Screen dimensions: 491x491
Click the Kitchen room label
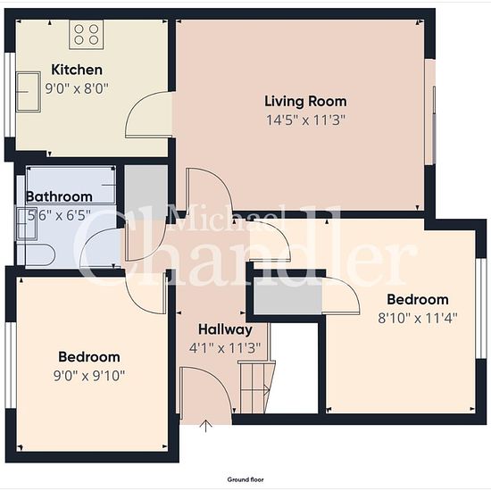coord(77,70)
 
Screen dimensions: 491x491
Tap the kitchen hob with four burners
coord(87,35)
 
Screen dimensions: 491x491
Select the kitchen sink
coord(29,92)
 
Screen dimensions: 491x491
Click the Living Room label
coord(305,101)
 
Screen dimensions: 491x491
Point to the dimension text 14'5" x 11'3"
coord(305,120)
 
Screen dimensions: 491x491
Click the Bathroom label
coord(59,196)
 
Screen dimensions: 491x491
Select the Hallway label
coord(226,329)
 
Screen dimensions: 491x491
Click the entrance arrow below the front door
coord(205,426)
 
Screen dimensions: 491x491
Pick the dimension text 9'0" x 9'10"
coord(89,376)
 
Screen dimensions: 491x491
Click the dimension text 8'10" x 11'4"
coord(418,319)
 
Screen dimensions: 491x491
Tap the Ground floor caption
coord(245,479)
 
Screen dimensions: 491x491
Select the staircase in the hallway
coord(257,387)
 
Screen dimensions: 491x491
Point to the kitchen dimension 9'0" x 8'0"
coord(77,88)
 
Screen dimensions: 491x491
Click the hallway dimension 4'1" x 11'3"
coord(225,348)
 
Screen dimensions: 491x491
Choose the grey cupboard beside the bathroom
coord(146,192)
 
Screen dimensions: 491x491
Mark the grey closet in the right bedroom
coord(287,295)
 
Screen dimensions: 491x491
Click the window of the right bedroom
coord(481,309)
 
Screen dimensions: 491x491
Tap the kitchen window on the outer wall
coord(10,95)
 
